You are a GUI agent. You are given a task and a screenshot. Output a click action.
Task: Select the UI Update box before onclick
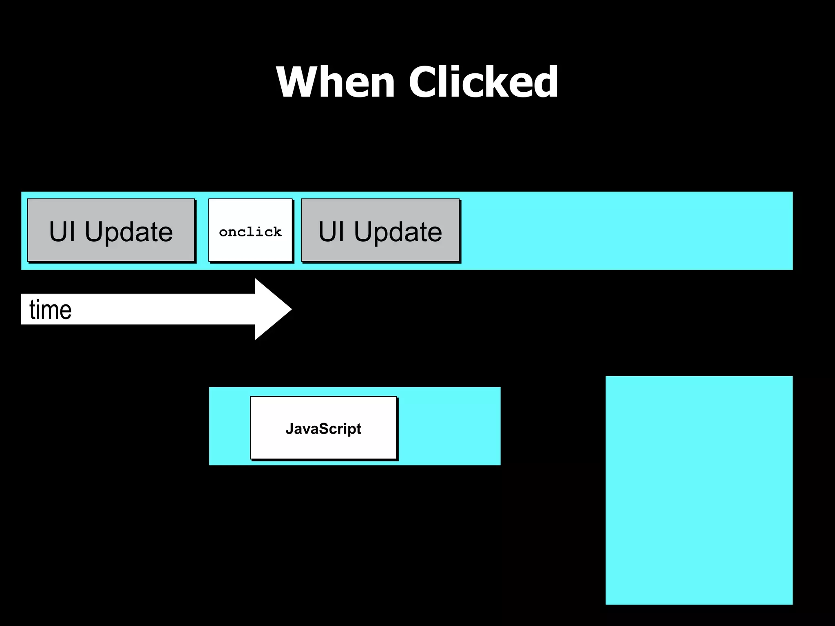(x=111, y=230)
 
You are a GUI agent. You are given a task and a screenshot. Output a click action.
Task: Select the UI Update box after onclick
(x=380, y=230)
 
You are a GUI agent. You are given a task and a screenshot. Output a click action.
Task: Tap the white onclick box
(x=250, y=230)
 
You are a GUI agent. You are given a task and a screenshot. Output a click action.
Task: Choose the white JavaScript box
(x=323, y=428)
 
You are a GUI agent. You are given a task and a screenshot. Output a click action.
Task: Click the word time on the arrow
(x=51, y=310)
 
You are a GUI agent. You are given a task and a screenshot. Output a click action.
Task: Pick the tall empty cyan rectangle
(x=699, y=490)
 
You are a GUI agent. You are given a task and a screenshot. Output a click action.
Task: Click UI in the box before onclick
(x=62, y=231)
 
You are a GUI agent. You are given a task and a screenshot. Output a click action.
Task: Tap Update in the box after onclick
(x=398, y=232)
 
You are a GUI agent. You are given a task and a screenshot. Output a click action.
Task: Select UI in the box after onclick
(x=331, y=231)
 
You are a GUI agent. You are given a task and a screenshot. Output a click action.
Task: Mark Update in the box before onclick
(x=129, y=232)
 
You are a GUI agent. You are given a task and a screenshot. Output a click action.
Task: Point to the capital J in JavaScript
(x=289, y=428)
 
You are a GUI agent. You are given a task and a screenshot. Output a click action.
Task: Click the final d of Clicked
(x=544, y=82)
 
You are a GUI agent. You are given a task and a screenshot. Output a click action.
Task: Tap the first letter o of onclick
(x=223, y=232)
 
